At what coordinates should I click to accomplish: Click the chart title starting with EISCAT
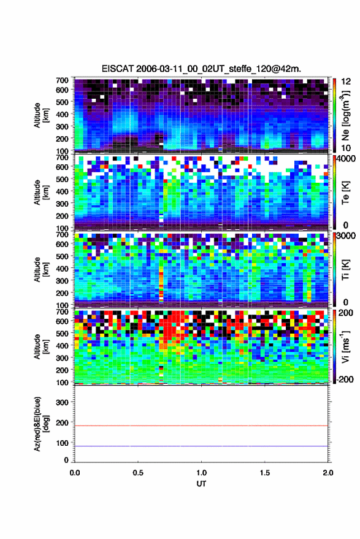click(201, 69)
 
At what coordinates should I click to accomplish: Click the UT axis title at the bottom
click(201, 484)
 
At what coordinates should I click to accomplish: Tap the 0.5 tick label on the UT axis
click(138, 473)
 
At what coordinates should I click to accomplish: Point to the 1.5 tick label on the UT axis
click(265, 473)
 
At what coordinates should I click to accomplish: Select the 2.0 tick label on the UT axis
click(328, 473)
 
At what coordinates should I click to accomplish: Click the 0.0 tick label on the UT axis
click(75, 473)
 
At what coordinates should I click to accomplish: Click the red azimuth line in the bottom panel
click(201, 426)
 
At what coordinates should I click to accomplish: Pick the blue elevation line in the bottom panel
click(201, 446)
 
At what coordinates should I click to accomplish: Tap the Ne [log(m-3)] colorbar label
click(345, 115)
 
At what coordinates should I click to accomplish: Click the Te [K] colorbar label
click(345, 193)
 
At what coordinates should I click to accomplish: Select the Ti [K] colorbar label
click(345, 270)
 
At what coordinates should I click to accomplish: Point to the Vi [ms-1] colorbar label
click(345, 346)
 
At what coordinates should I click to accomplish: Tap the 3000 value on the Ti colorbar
click(347, 236)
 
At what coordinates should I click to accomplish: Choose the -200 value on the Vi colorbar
click(345, 380)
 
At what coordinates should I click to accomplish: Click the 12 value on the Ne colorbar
click(346, 82)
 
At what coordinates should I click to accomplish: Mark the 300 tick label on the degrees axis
click(62, 402)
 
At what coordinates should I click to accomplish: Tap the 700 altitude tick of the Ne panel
click(62, 80)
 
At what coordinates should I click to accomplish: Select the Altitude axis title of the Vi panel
click(41, 346)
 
